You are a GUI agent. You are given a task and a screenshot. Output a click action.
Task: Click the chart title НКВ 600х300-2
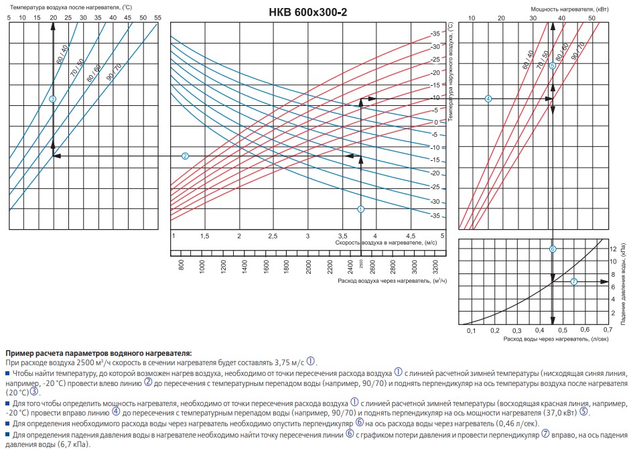coord(307,13)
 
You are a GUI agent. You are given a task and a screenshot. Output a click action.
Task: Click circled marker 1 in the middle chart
coord(361,209)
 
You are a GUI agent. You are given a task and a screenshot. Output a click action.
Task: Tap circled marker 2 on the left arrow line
coord(186,155)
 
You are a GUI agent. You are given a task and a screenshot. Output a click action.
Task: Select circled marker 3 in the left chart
coord(53,99)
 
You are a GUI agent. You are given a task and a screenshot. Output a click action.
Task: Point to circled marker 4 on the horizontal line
coord(488,99)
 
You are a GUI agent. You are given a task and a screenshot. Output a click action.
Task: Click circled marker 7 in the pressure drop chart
coord(573,281)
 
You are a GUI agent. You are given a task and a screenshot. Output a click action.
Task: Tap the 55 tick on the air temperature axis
coord(157,17)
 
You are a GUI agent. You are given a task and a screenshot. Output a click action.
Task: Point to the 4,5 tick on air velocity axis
coord(410,236)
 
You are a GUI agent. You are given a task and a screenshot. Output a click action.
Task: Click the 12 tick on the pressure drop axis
coord(612,249)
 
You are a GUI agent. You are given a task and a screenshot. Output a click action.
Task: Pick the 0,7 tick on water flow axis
coord(607,330)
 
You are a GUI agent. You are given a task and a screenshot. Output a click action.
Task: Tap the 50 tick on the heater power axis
coord(591,18)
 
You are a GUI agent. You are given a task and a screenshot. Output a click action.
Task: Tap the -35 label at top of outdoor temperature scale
coord(435,34)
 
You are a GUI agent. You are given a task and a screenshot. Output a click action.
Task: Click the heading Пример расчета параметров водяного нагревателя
coord(98,352)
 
